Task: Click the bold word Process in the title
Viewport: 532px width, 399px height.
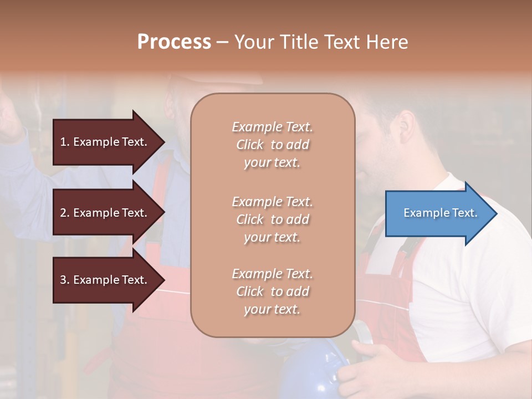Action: click(174, 42)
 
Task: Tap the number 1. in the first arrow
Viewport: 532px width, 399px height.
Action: click(65, 142)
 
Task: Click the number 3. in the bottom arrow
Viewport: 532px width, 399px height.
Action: click(65, 280)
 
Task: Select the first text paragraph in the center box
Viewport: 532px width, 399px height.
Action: click(272, 145)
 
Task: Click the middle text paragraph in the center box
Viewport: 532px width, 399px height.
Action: click(272, 219)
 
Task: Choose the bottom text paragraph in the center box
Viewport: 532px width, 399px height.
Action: click(272, 291)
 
